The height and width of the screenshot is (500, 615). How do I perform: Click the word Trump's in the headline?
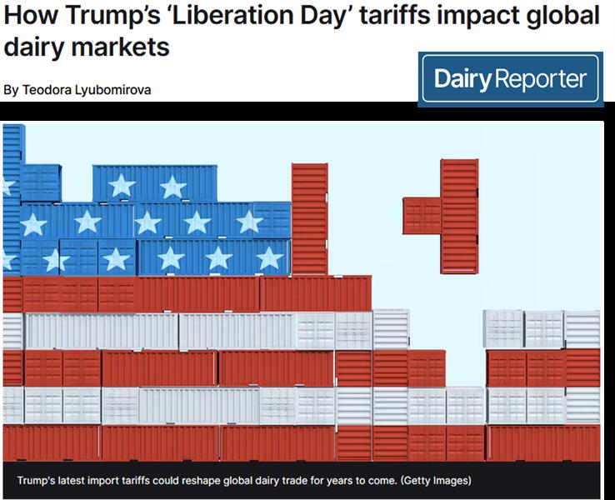tap(91, 16)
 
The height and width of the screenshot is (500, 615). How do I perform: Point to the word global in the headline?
tap(557, 16)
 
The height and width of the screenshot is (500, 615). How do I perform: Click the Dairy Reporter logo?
tap(510, 80)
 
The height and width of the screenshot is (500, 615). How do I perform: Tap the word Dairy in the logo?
tap(463, 80)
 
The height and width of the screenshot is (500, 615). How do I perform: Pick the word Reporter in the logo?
tap(542, 80)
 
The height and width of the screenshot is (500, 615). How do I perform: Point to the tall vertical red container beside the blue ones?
tap(309, 218)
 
